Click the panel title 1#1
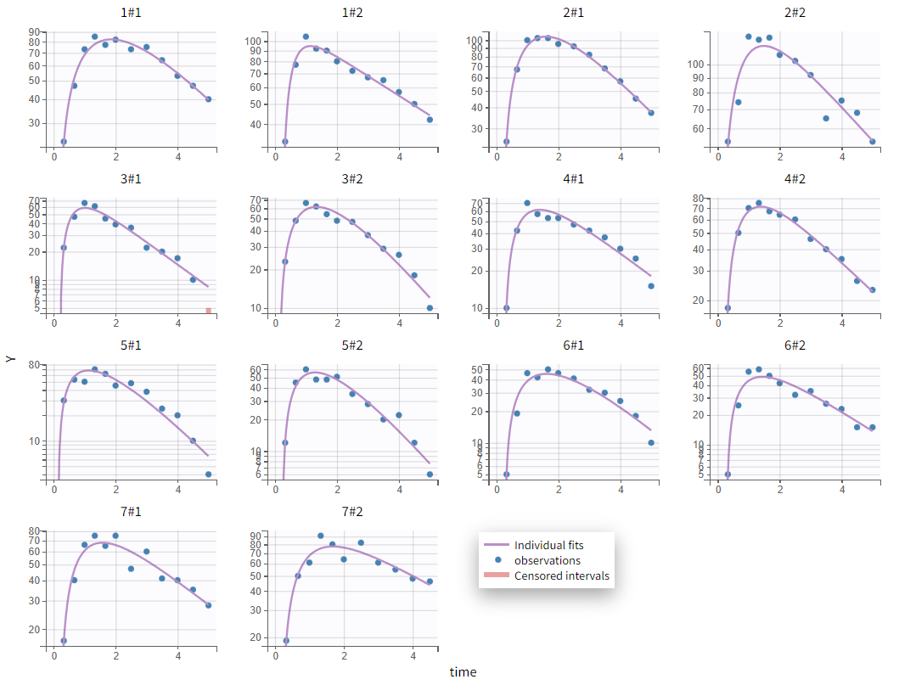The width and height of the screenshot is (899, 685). click(x=132, y=14)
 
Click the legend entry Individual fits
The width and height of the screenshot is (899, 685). click(x=548, y=545)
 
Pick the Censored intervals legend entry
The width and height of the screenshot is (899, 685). click(x=561, y=576)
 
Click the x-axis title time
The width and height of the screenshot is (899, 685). click(x=463, y=672)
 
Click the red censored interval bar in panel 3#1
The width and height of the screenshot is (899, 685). click(x=208, y=311)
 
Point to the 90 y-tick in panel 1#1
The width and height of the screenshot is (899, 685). click(x=35, y=31)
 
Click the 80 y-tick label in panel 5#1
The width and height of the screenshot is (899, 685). click(x=35, y=365)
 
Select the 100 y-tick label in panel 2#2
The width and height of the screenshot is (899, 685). click(x=694, y=65)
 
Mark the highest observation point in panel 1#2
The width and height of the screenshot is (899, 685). click(x=306, y=36)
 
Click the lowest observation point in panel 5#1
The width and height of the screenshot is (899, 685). click(x=208, y=474)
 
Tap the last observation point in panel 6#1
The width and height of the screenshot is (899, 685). click(x=651, y=442)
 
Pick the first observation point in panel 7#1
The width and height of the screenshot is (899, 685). click(x=64, y=641)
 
